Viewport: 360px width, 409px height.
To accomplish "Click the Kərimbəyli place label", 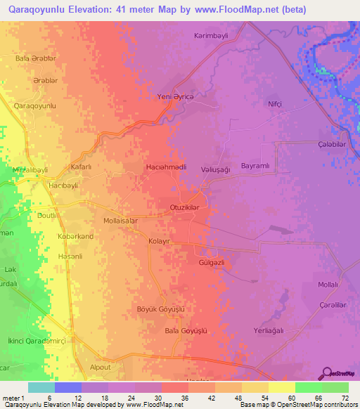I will [x=212, y=35].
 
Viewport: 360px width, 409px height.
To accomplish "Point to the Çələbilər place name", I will [x=330, y=144].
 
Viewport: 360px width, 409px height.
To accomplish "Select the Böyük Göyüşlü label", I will [x=160, y=309].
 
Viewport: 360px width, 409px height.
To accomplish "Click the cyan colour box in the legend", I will [x=41, y=387].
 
